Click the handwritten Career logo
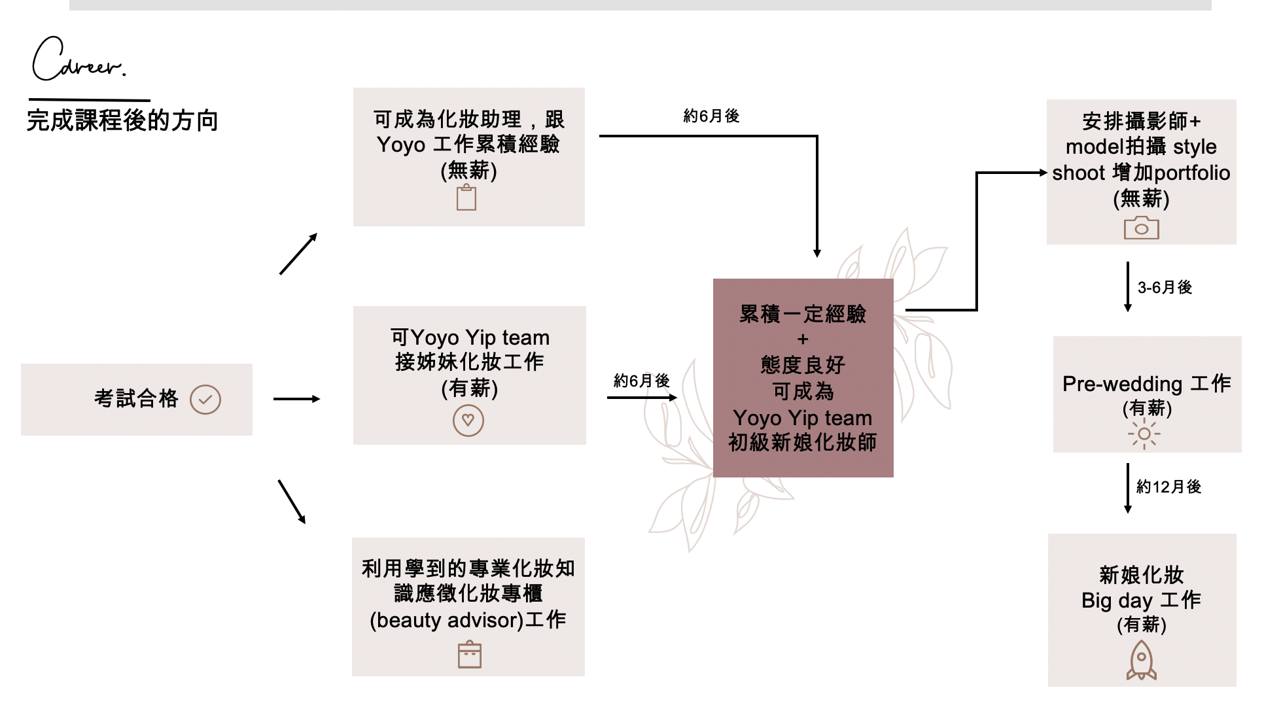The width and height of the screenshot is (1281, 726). [77, 60]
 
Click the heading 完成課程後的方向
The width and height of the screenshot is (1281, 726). [122, 121]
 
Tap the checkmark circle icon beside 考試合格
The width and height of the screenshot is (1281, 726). [205, 400]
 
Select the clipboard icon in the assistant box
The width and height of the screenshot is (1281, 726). [466, 198]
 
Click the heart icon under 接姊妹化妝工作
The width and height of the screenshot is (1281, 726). [468, 421]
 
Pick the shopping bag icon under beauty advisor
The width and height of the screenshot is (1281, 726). [469, 655]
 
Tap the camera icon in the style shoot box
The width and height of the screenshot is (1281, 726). [1141, 228]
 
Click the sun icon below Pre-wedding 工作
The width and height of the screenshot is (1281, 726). [1144, 434]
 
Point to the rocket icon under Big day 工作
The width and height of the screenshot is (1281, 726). [1141, 660]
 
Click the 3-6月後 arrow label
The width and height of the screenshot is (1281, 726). [1165, 288]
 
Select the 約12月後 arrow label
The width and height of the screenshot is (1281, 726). [1168, 487]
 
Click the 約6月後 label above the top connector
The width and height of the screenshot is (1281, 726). [711, 116]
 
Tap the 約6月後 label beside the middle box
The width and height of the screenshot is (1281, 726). [641, 381]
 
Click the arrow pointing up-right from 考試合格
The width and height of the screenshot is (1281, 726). [298, 254]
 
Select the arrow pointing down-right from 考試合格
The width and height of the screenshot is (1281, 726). [292, 502]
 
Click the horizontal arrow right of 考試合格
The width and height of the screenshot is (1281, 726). [296, 399]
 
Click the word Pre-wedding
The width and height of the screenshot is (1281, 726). [1122, 384]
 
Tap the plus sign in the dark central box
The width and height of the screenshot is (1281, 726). [803, 339]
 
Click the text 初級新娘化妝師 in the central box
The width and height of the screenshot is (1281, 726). [803, 443]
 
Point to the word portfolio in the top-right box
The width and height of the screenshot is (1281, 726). [1192, 173]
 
